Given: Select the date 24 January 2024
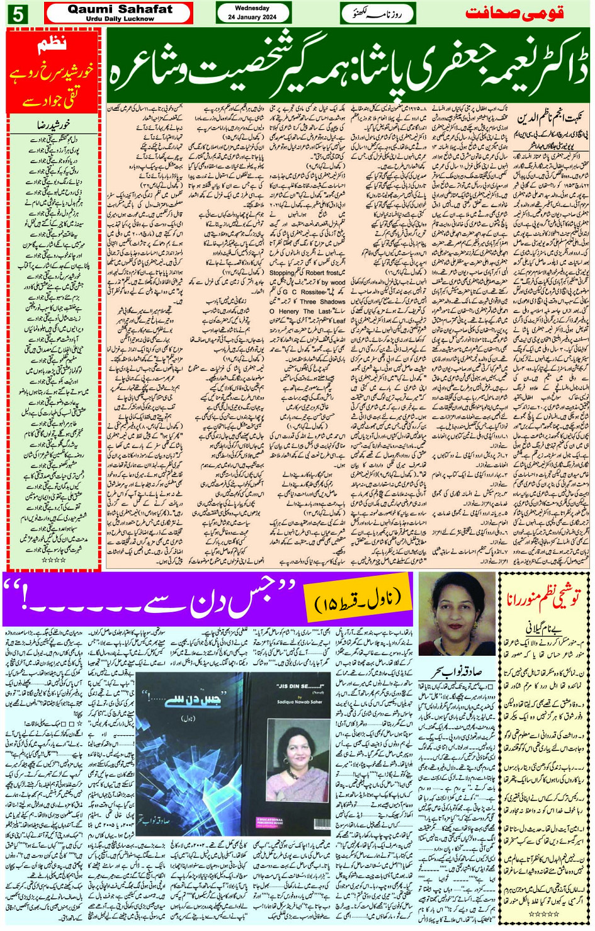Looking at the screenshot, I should click(x=253, y=18).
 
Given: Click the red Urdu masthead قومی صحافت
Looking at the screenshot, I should click(x=514, y=13).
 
